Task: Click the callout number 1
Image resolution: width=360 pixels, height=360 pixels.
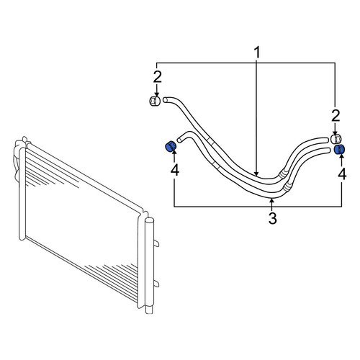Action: click(x=257, y=53)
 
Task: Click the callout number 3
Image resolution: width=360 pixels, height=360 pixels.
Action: click(x=272, y=218)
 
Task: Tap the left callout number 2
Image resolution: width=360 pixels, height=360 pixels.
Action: click(x=158, y=77)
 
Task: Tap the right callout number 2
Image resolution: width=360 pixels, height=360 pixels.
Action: click(x=336, y=116)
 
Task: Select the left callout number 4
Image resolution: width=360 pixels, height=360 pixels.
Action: click(x=175, y=170)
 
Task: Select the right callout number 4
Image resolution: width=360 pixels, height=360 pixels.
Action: click(x=342, y=174)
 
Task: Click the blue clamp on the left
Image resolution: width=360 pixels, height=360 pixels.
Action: click(x=171, y=146)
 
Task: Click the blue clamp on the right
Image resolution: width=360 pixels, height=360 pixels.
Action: click(x=340, y=150)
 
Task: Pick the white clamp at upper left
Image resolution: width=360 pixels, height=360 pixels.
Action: click(x=155, y=101)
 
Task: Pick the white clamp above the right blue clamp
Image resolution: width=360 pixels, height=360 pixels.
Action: click(x=336, y=139)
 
